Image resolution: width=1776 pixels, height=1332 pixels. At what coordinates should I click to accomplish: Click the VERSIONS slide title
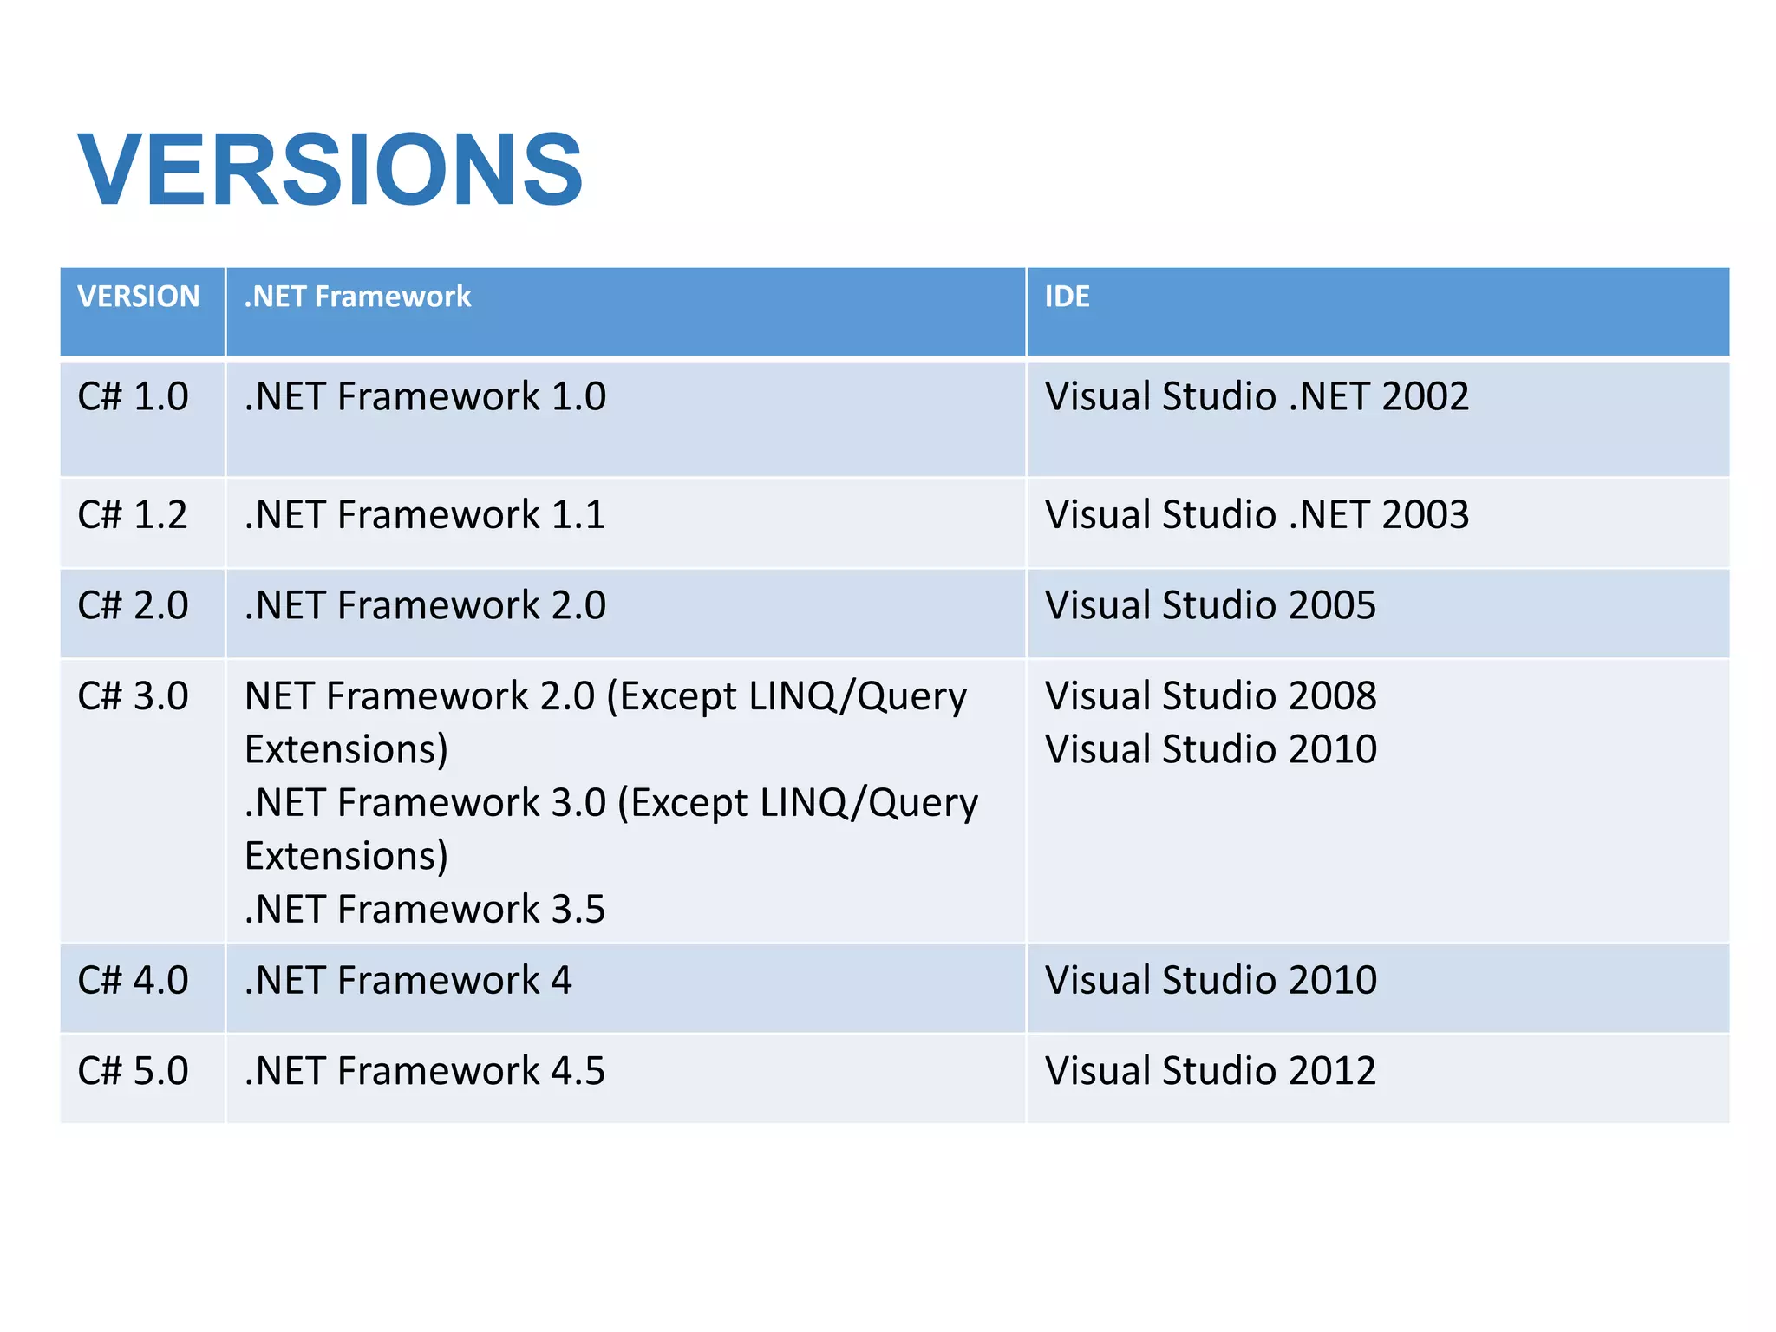click(x=330, y=170)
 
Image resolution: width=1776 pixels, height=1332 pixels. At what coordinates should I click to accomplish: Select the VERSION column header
click(x=139, y=297)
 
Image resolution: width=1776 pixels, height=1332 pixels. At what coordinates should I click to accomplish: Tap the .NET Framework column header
click(x=357, y=297)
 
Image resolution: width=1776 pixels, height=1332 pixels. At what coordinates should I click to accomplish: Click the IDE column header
click(x=1067, y=297)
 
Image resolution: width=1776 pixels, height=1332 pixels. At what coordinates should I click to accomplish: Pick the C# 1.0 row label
click(x=133, y=397)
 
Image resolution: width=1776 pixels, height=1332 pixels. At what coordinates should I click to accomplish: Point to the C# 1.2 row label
click(x=133, y=515)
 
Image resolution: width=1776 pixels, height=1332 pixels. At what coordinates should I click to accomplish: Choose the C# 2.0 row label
click(x=133, y=605)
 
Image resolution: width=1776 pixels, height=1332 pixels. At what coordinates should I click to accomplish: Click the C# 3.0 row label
click(x=133, y=696)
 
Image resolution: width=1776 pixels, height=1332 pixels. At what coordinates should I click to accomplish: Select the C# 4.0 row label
click(x=133, y=981)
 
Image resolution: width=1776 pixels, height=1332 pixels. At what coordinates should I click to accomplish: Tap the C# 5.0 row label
click(x=133, y=1071)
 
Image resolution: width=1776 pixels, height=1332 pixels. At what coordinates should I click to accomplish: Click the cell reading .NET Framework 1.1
click(x=425, y=515)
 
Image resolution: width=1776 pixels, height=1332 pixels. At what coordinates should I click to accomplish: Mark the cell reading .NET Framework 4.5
click(x=425, y=1071)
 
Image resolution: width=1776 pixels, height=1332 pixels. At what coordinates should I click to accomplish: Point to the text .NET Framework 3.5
click(x=425, y=910)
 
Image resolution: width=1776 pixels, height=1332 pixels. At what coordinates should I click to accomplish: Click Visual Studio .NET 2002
click(x=1257, y=397)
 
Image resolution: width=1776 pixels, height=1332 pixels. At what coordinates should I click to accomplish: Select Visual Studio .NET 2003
click(x=1257, y=515)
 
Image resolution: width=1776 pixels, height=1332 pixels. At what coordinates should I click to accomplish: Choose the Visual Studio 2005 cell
click(x=1210, y=605)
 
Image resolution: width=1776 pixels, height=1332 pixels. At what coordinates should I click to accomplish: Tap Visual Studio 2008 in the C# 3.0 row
click(x=1210, y=696)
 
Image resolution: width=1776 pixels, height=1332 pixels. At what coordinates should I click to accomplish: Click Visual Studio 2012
click(x=1210, y=1071)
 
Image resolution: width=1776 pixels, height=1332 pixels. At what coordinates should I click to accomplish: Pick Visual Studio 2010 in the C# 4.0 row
click(x=1210, y=981)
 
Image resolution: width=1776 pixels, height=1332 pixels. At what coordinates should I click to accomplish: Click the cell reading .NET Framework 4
click(x=408, y=981)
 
